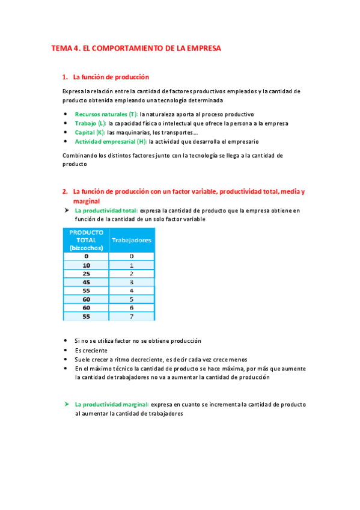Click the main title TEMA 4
tap(136, 48)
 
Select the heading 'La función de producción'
tap(111, 77)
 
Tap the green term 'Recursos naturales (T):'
tap(106, 114)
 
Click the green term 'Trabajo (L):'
tap(90, 123)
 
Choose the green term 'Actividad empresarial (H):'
tap(111, 142)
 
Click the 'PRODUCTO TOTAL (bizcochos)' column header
tap(87, 239)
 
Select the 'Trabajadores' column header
tap(132, 240)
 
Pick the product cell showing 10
tap(87, 265)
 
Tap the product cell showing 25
tap(87, 274)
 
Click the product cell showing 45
tap(87, 282)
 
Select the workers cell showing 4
tap(132, 290)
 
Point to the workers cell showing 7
tap(132, 316)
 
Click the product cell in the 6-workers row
tap(87, 307)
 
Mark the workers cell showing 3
tap(132, 282)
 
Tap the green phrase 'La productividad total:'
tap(106, 211)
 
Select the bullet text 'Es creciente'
tap(91, 350)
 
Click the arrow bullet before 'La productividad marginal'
tap(67, 405)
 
